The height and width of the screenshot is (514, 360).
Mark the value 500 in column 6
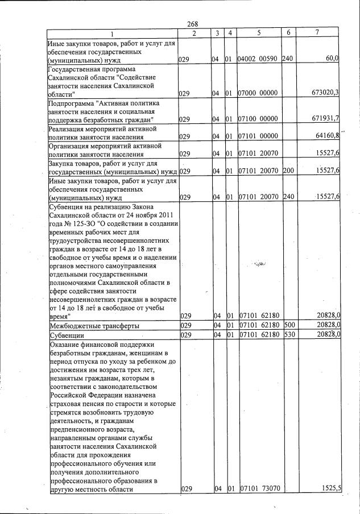288,325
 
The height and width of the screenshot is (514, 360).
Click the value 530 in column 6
288,335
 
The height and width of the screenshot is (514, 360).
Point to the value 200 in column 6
288,171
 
